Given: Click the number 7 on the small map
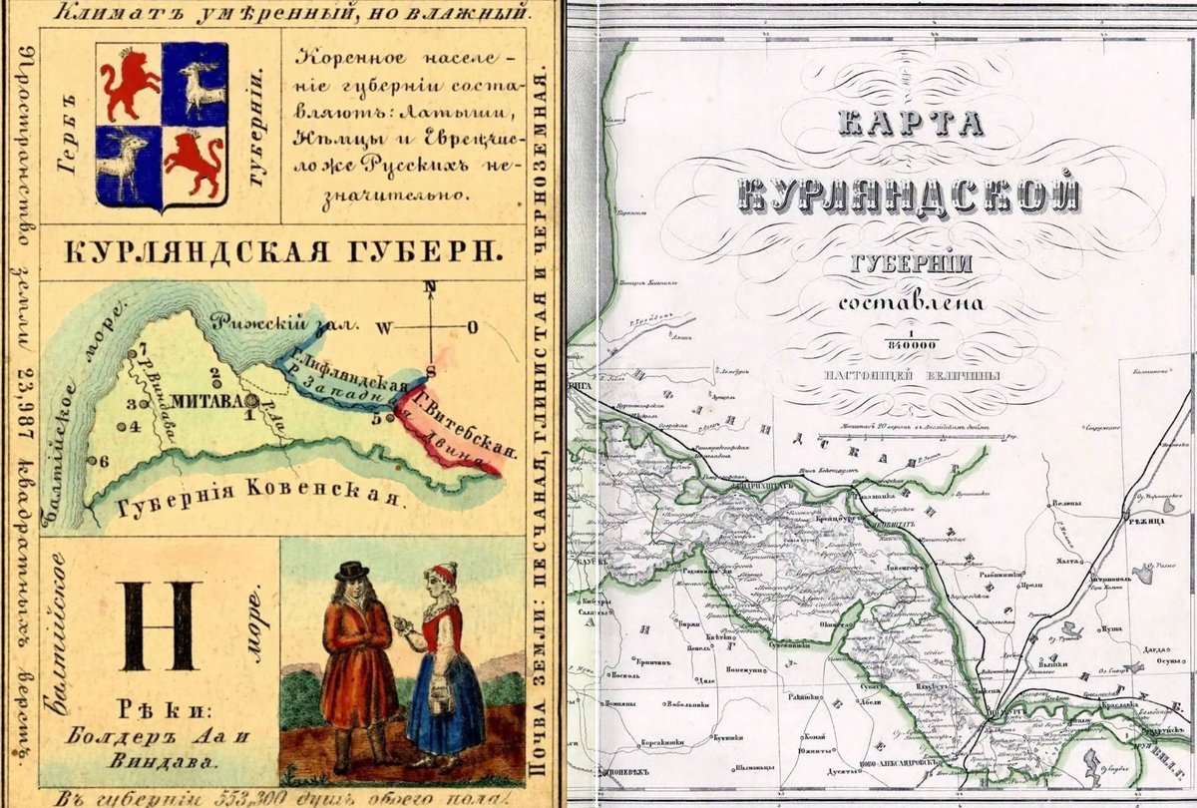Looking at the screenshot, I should (142, 348).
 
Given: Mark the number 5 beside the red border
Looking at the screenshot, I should (377, 419).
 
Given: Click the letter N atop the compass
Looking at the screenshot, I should (431, 287).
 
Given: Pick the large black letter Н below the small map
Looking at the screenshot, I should (158, 625).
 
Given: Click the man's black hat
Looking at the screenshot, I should (351, 571).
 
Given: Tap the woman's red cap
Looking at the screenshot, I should (444, 573).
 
